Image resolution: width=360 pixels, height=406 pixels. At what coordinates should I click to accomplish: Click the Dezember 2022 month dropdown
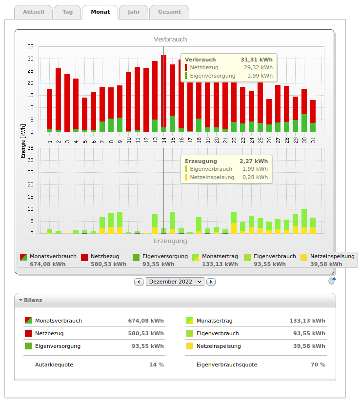click(x=175, y=282)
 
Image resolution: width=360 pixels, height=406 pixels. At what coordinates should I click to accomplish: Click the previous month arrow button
click(x=139, y=282)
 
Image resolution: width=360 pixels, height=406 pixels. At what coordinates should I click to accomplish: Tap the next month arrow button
click(x=211, y=282)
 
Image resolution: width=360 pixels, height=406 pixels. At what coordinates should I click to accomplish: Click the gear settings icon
click(x=332, y=281)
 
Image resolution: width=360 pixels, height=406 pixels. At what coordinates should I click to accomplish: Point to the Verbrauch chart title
click(x=170, y=39)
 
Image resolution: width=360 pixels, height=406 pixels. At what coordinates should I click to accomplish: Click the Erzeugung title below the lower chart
click(x=170, y=241)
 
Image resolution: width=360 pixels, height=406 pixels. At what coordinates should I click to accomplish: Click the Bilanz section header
click(x=33, y=300)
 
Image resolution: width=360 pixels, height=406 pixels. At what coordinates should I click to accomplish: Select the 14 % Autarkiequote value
click(x=157, y=365)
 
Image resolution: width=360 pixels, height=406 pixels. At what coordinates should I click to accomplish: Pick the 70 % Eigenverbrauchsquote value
click(x=318, y=365)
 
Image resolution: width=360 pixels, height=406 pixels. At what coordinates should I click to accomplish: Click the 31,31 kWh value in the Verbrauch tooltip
click(x=257, y=60)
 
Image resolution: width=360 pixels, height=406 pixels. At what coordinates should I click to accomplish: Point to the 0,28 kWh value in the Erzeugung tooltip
click(x=255, y=177)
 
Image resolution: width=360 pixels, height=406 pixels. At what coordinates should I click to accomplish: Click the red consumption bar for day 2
click(x=59, y=98)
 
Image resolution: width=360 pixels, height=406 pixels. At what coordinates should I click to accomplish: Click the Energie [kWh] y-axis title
click(x=23, y=141)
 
